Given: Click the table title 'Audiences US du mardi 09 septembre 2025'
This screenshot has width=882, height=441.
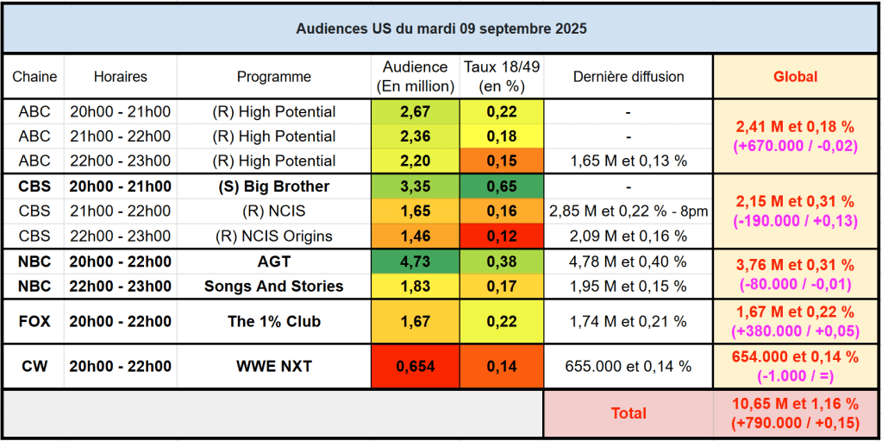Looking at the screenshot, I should tap(441, 28).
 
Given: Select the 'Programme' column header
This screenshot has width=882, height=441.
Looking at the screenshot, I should tap(273, 77).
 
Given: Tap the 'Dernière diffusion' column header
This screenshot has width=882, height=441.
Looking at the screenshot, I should tap(628, 77).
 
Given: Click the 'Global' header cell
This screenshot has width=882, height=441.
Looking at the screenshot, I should tap(795, 77).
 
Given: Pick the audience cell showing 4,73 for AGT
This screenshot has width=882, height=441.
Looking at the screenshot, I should tap(415, 261).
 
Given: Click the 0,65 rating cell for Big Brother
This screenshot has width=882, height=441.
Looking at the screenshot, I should tap(501, 186).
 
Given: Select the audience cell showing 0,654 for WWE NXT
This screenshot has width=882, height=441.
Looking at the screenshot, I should tap(415, 367).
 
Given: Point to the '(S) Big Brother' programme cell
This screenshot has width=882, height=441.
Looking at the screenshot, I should tap(273, 186).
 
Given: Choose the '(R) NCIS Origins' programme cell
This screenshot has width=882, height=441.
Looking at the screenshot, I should tap(273, 236).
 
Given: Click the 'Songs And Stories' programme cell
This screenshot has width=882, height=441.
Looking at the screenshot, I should tap(273, 286).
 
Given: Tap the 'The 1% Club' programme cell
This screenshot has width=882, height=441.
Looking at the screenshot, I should tap(273, 322).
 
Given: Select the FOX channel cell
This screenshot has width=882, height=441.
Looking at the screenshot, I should tap(34, 322).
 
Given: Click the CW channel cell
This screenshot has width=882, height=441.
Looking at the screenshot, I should tap(34, 367).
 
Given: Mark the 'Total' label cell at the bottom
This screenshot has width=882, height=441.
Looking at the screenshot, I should tap(628, 413).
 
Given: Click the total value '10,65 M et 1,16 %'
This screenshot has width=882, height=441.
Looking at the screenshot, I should tap(795, 404).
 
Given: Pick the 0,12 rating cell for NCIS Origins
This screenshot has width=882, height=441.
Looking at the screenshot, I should tap(501, 236).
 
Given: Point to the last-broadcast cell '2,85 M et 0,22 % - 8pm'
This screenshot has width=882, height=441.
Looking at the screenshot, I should tap(628, 211).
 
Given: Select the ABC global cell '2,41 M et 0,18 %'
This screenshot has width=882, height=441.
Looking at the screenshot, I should tap(795, 128).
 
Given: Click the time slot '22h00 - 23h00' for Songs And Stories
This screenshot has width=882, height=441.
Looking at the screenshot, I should tap(120, 286).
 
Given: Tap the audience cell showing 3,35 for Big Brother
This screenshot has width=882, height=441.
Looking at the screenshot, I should tap(415, 186).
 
